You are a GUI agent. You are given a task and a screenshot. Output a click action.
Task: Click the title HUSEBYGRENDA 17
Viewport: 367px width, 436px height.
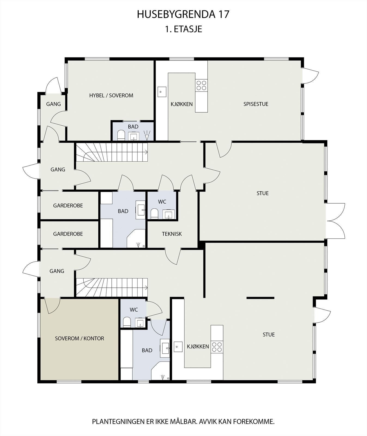[183, 14]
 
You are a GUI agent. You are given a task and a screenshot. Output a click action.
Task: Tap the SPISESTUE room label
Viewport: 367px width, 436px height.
[256, 104]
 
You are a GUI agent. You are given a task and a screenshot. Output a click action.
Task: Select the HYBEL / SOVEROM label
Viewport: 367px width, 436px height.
[111, 95]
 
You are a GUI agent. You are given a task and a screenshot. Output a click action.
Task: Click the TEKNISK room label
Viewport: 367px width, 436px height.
[172, 234]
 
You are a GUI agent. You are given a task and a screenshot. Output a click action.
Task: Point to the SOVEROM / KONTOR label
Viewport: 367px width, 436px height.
[80, 338]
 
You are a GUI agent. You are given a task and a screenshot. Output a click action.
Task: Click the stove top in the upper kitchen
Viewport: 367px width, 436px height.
[201, 85]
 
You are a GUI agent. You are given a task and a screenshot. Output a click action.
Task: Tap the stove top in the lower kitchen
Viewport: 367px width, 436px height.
[217, 347]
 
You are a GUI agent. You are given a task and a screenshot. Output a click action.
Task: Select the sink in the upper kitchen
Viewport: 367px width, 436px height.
[162, 92]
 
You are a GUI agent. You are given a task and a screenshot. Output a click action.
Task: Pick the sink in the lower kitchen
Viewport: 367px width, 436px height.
[177, 347]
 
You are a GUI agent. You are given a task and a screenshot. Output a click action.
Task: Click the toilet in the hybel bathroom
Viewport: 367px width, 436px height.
[121, 135]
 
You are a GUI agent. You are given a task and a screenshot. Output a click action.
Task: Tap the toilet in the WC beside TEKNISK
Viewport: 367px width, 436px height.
[154, 214]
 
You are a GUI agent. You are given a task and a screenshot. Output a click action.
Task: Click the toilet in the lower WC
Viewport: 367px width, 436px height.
[127, 322]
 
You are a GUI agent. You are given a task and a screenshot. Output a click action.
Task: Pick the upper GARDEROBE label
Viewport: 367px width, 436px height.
[68, 205]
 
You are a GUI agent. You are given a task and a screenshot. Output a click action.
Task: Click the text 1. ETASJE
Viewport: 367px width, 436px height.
[183, 29]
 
